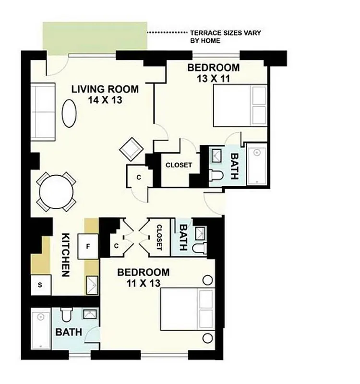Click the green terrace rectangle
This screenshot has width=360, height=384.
tap(95, 37)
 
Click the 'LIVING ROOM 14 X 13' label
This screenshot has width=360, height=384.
tap(105, 94)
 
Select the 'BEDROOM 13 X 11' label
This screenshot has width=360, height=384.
tap(213, 73)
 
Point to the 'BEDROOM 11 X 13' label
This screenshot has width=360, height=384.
tap(144, 277)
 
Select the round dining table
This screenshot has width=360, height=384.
tap(56, 192)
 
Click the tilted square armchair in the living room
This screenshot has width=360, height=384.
tap(131, 149)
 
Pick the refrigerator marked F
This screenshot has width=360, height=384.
tap(88, 247)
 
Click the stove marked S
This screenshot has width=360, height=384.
tap(40, 286)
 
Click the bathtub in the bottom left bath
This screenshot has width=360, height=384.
tap(41, 330)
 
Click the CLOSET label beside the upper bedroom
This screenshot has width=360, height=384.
tap(179, 165)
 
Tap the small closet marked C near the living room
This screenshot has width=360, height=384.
tap(138, 177)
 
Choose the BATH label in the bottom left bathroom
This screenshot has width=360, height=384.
tap(69, 332)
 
